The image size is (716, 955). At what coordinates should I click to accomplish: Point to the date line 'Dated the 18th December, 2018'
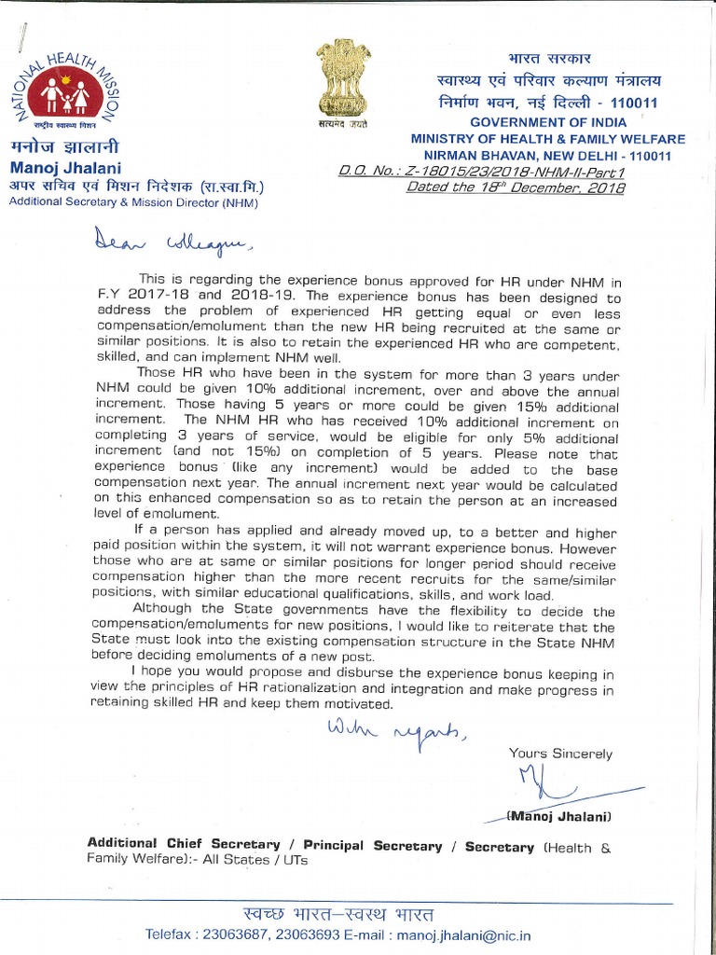(x=516, y=187)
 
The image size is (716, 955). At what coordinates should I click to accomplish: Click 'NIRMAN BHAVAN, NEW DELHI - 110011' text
(x=547, y=155)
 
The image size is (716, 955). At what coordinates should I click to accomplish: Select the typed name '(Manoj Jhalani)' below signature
(x=558, y=816)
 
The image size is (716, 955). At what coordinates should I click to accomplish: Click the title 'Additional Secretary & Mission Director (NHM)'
(x=133, y=202)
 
